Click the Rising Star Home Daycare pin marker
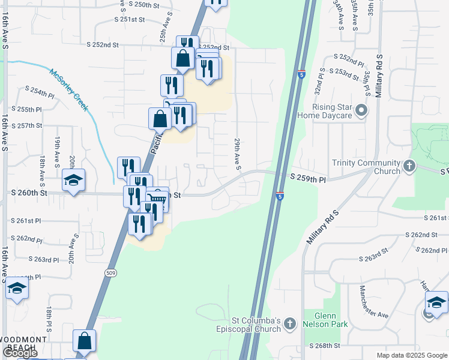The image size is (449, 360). point(361,110)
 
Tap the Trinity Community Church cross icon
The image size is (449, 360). point(409,166)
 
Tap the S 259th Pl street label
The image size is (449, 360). point(307,178)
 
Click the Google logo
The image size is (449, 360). point(20,353)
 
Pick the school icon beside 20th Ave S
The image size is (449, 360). point(73,180)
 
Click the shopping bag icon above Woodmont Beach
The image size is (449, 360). point(85,340)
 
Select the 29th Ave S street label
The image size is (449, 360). point(238,153)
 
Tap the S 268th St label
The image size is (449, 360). point(325,346)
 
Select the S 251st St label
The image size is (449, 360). point(130,19)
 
